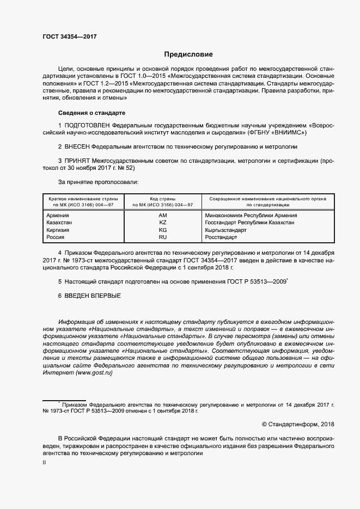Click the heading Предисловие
[x=188, y=54]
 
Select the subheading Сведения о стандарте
[x=91, y=113]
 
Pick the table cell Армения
[x=58, y=216]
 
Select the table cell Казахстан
[x=60, y=223]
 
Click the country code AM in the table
[x=162, y=216]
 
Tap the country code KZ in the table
[x=162, y=223]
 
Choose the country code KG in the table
[x=162, y=230]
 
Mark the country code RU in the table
[x=162, y=237]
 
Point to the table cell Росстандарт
[x=222, y=237]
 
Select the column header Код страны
[x=162, y=199]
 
